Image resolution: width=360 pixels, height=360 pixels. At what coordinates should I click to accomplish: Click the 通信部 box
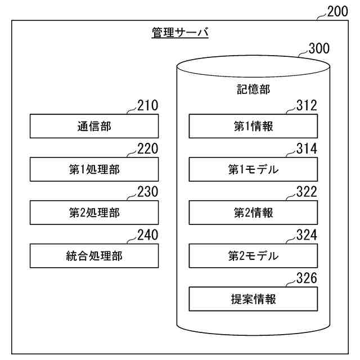94,127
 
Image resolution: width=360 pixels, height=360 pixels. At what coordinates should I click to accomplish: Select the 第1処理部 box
94,169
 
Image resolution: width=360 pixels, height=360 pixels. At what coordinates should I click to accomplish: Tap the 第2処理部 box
94,213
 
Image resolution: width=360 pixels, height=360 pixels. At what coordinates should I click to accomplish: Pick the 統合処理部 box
94,256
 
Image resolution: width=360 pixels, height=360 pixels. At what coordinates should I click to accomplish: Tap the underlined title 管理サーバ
180,33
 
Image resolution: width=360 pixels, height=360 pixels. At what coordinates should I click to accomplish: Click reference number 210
148,105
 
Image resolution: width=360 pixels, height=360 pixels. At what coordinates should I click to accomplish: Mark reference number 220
148,148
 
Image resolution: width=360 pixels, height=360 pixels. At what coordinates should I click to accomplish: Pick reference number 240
148,235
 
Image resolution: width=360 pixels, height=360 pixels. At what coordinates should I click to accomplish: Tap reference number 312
307,105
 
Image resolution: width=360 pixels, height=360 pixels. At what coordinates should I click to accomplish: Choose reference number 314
307,148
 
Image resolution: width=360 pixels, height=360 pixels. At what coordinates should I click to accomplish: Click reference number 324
307,235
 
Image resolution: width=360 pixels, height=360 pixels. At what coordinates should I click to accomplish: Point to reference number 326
307,278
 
